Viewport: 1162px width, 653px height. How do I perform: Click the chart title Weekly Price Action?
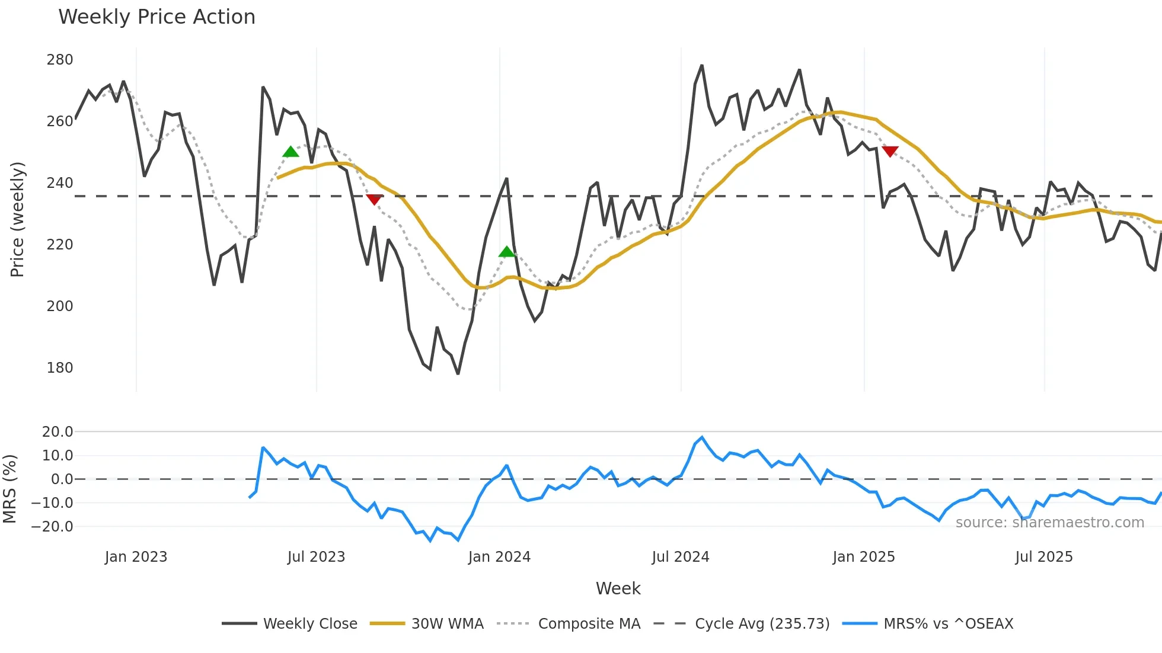click(157, 17)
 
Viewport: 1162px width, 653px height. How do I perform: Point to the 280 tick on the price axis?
click(60, 60)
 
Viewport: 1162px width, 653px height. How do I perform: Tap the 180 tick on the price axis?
click(60, 368)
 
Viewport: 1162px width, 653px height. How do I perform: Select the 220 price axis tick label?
click(60, 245)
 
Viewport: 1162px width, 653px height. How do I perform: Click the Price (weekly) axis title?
click(18, 219)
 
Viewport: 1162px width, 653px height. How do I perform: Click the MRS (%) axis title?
click(9, 489)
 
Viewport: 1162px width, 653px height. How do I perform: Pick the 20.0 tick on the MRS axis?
click(58, 432)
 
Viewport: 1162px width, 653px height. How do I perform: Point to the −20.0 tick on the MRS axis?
click(53, 527)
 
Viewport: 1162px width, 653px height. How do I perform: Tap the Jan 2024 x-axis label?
click(499, 557)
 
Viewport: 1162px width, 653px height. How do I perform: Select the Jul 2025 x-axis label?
click(1044, 557)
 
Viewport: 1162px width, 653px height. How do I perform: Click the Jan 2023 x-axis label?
click(136, 557)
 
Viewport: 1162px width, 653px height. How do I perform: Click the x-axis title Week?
click(618, 588)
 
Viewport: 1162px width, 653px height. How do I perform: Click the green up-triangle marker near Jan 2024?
click(507, 252)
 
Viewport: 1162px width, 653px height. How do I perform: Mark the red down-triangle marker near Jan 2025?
click(890, 151)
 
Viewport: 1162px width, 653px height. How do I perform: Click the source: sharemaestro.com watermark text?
click(1049, 523)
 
